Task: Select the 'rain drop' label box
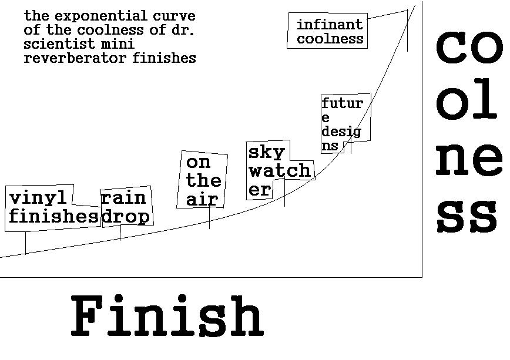point(126,207)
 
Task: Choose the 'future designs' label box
point(345,124)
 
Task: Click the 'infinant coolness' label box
point(328,32)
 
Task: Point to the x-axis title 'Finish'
point(167,317)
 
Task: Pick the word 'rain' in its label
point(123,198)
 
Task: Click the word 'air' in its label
point(202,200)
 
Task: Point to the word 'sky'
point(266,152)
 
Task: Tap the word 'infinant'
point(330,25)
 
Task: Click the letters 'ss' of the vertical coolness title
point(467,215)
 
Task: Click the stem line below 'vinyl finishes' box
point(25,243)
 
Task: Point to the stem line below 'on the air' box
point(209,218)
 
